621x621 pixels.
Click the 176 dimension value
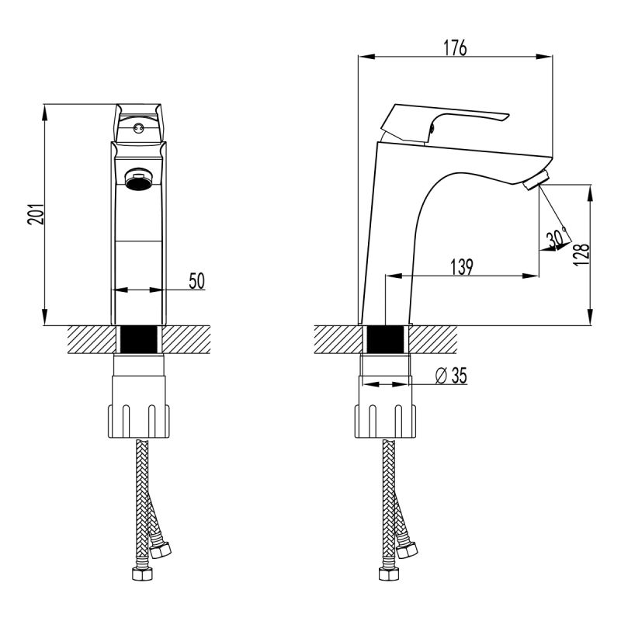pos(456,47)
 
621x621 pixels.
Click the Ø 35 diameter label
pos(451,376)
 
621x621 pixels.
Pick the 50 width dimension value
pos(196,281)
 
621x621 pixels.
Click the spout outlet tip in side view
pos(536,182)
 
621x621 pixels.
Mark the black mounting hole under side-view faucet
pos(385,339)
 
